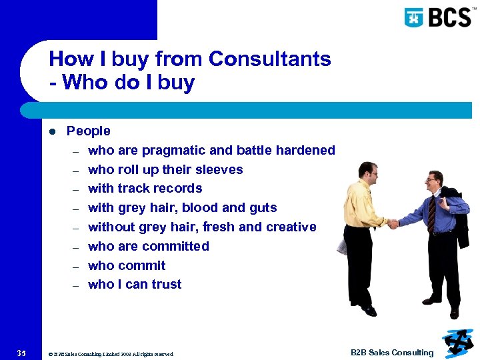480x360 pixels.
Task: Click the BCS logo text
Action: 449,17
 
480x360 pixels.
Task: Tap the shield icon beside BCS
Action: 414,17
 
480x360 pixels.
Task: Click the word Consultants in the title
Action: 269,59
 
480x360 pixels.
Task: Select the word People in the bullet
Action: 89,131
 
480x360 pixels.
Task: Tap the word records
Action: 178,189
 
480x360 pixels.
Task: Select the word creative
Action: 291,227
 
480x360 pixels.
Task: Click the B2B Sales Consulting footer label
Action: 392,353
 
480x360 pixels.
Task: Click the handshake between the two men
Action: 393,224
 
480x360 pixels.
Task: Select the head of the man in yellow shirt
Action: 367,171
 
